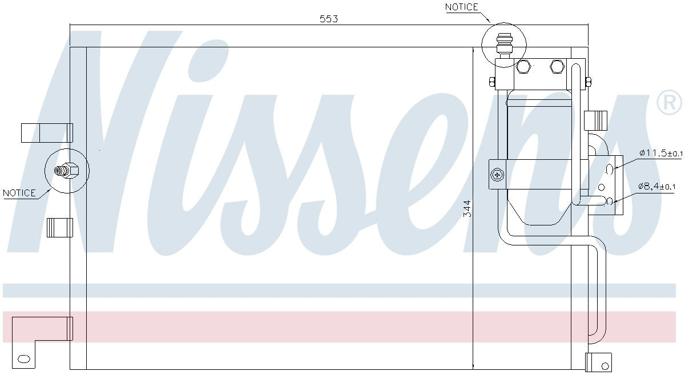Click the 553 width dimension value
329,18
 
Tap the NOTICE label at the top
461,7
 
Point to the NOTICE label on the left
19,193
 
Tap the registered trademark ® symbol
669,103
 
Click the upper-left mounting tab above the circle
47,132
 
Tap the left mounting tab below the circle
59,227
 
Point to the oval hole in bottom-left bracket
24,358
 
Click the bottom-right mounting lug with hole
599,362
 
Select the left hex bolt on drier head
523,67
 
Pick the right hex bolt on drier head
556,67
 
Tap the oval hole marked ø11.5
610,168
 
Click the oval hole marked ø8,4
610,200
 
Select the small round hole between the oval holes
601,187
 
